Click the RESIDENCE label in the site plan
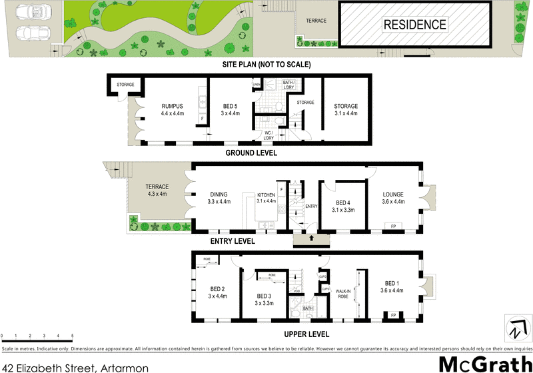414,25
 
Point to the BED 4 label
343,202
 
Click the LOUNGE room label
392,194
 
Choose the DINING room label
219,194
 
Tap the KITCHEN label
266,195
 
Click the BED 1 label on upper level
392,282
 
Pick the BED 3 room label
265,296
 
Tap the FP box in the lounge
393,226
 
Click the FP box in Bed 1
393,314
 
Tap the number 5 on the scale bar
72,336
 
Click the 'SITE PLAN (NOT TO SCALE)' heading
266,65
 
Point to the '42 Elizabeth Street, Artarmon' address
75,366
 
